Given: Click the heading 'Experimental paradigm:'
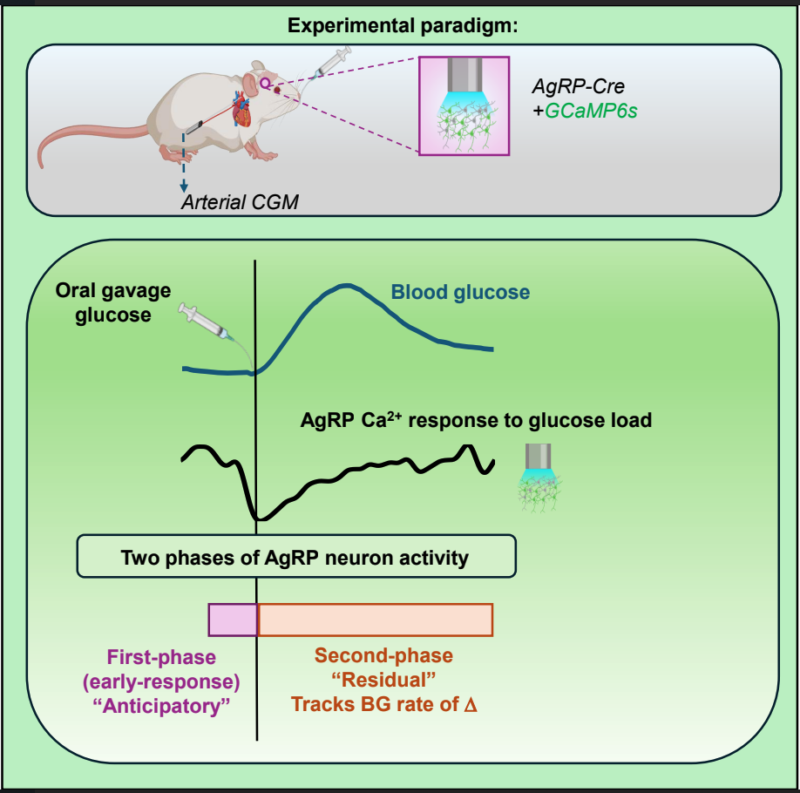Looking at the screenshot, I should coord(403,25).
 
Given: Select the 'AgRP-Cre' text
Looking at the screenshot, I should coord(578,88).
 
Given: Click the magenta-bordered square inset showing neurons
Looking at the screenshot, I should coord(464,106).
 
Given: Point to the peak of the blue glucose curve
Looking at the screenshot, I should coord(346,286).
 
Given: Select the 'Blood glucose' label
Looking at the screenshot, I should coord(459,292).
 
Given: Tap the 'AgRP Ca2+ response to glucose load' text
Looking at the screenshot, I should coord(476,421).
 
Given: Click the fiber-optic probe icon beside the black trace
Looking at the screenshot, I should coord(539,476).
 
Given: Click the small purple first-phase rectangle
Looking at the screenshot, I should coord(232,619).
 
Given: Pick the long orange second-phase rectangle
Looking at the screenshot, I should coord(375,619).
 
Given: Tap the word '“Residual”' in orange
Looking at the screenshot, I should coord(384,679).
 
